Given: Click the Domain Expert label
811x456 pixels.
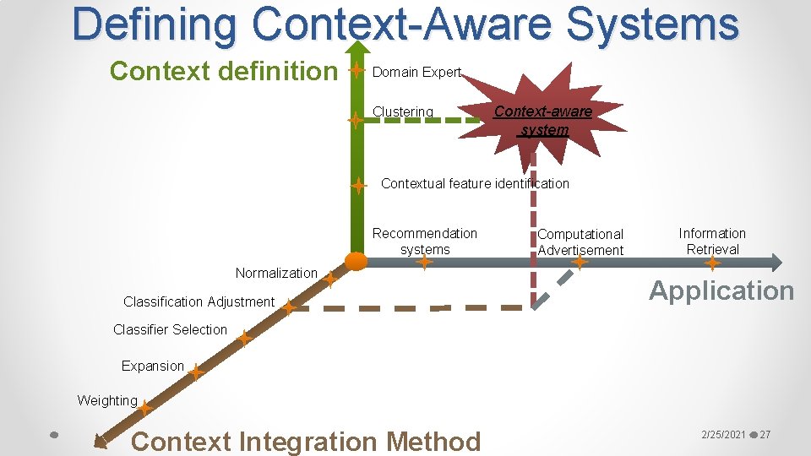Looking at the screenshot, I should point(416,73).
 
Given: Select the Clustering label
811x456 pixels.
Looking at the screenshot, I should point(403,112).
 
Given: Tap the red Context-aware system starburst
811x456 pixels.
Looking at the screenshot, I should point(544,120).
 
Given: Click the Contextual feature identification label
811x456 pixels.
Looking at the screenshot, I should point(475,183).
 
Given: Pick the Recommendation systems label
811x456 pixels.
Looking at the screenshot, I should point(425,242).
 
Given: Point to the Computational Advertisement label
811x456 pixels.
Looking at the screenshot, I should point(580,242).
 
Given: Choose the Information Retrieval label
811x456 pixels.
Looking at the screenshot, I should point(712,242).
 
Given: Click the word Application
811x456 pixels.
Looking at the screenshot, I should point(721,290).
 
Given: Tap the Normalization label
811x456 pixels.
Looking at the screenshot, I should point(276,273).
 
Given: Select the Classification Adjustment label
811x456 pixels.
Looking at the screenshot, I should point(199,301).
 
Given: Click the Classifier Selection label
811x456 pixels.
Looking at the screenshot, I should point(170,329).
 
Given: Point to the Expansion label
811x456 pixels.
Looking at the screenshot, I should point(152,366).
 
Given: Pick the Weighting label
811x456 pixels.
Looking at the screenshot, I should point(107,400).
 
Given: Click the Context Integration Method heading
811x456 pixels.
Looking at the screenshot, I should point(306,441).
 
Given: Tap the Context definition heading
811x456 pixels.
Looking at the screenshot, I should point(223,72).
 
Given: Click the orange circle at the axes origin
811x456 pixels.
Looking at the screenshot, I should point(357,260).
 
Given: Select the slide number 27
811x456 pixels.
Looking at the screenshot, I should point(765,435).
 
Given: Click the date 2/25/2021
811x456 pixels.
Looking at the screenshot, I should point(723,435).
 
